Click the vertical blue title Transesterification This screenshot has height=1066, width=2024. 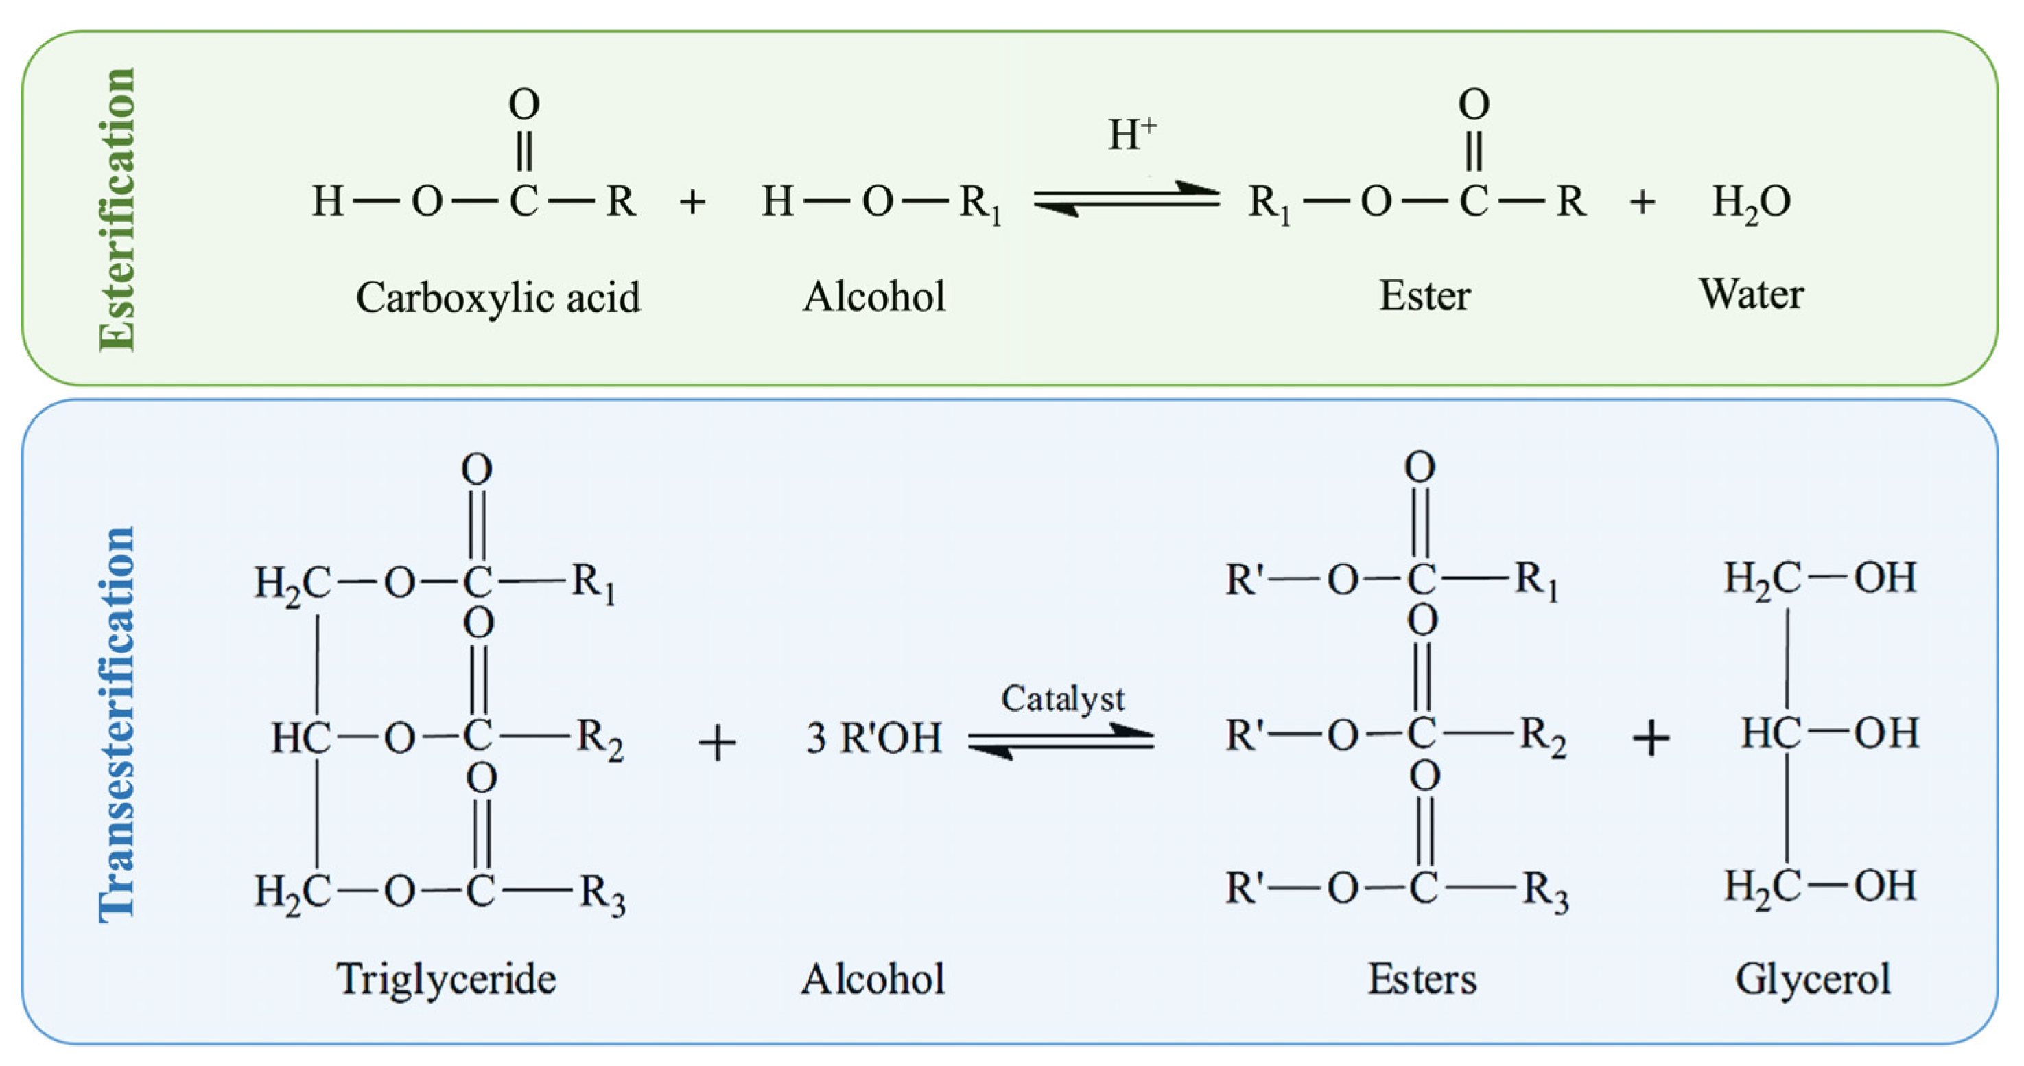coord(118,723)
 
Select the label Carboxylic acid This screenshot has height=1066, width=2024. coord(498,298)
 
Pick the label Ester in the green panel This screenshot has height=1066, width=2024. coord(1424,297)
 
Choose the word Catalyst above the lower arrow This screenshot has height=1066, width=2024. coord(1062,698)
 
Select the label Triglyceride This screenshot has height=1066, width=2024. coord(446,980)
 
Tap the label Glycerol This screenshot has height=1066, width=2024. coord(1813,980)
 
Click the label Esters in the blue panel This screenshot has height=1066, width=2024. coord(1422,980)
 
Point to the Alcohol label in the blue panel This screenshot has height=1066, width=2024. coord(873,980)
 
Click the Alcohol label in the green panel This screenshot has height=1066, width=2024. coord(873,297)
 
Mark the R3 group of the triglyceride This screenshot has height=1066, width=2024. coord(602,894)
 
